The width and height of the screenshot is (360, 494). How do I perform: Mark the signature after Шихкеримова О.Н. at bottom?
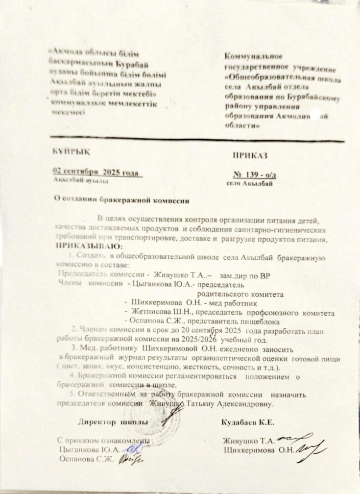click(312, 447)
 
